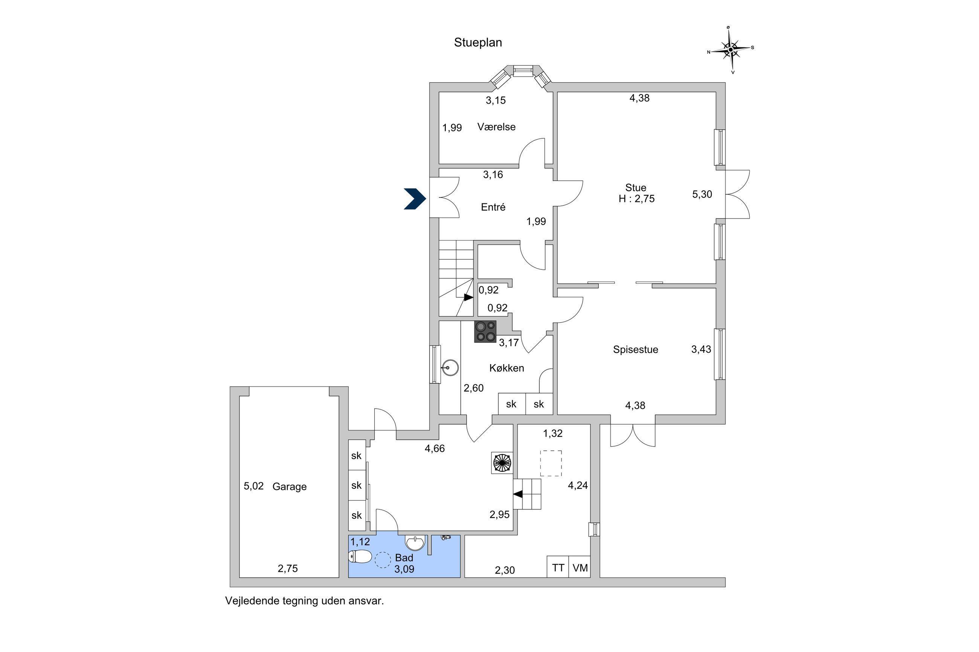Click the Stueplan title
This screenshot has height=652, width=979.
click(478, 43)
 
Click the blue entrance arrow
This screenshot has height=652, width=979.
click(415, 198)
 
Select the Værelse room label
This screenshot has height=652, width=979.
click(496, 127)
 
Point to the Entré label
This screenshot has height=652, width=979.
click(493, 207)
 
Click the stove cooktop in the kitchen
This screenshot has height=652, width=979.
click(485, 331)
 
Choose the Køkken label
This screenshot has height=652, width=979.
click(506, 368)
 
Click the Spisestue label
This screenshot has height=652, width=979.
click(635, 350)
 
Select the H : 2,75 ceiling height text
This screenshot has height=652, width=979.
click(636, 199)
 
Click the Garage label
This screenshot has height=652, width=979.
click(289, 486)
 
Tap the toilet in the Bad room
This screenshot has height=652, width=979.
click(360, 556)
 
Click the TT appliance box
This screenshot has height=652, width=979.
click(558, 568)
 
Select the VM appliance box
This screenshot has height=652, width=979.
click(579, 568)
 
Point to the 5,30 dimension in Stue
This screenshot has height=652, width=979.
click(702, 194)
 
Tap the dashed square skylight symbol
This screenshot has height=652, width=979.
click(551, 463)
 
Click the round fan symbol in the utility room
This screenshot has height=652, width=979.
click(502, 462)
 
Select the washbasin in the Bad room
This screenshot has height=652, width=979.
click(415, 543)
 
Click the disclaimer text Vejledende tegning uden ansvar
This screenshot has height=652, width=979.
click(304, 601)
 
